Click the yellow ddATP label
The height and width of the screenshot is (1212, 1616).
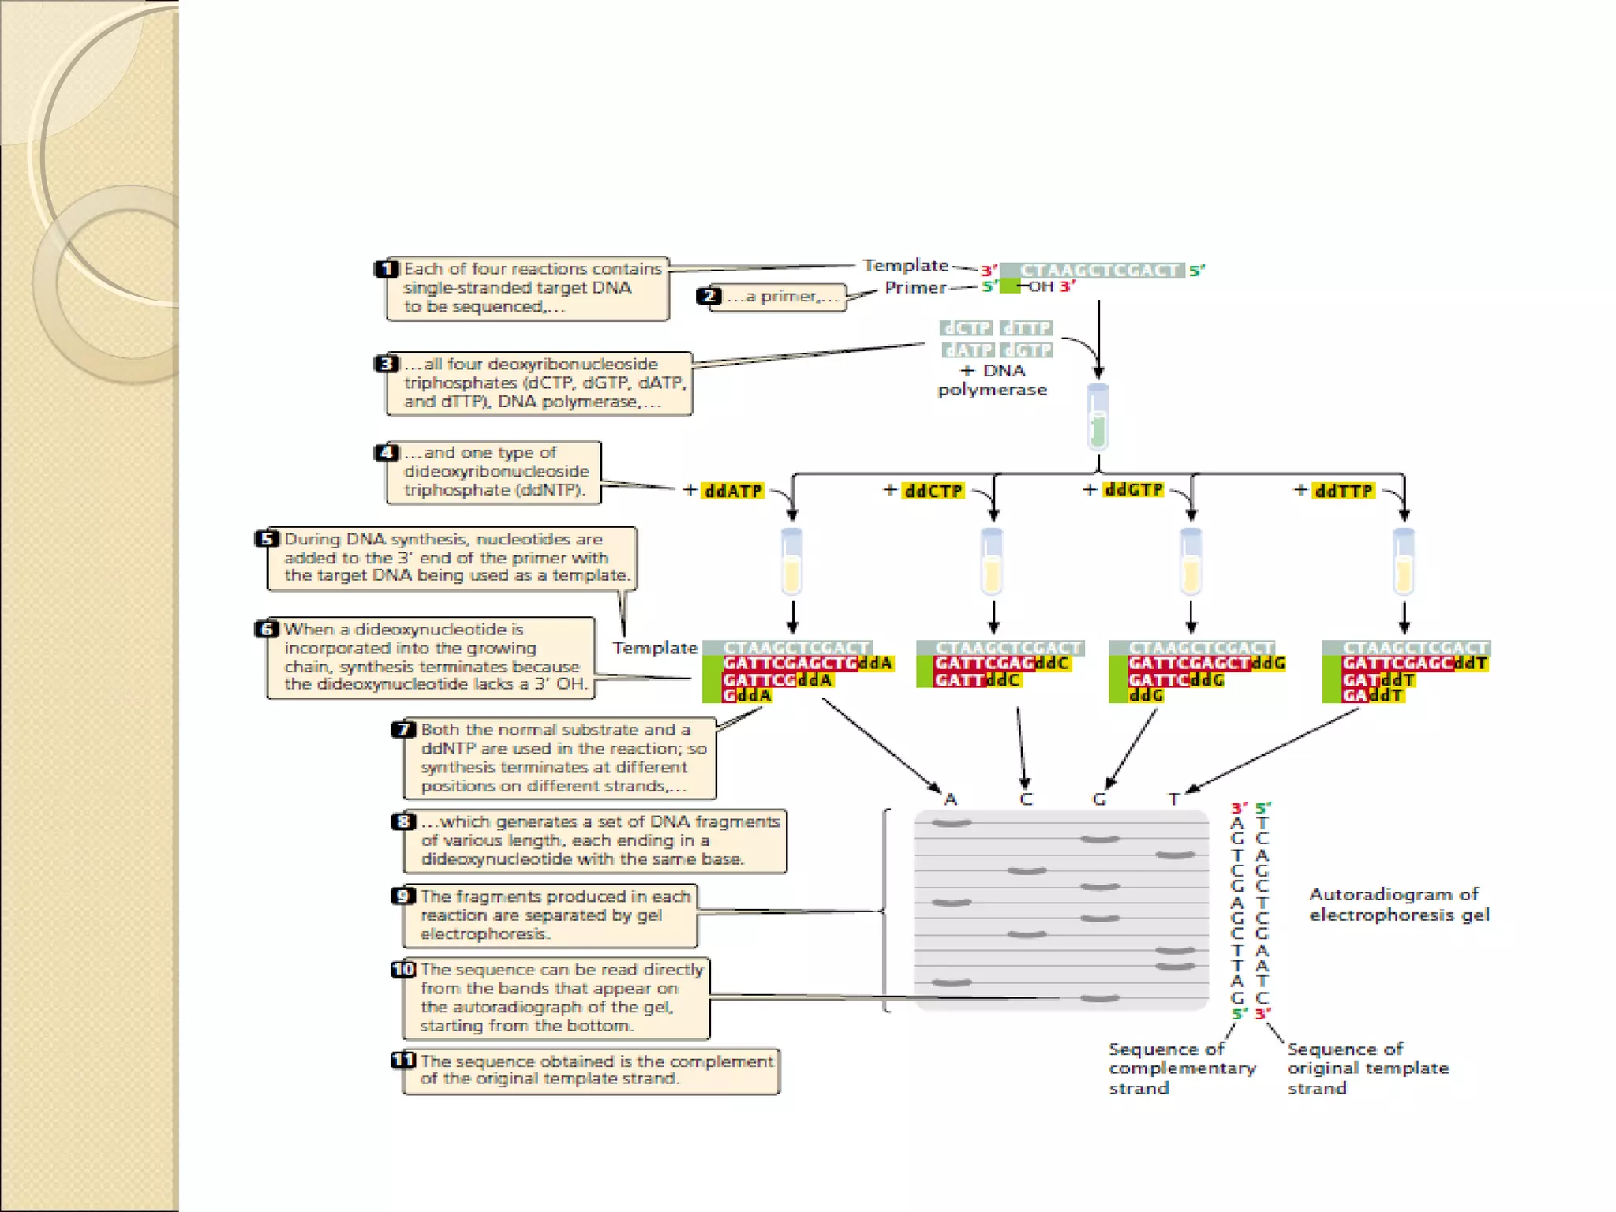point(733,491)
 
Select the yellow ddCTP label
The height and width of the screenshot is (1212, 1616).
point(933,491)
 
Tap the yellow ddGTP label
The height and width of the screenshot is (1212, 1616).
point(1134,490)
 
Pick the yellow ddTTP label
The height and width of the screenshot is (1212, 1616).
point(1343,491)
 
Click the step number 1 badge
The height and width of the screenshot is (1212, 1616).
point(386,269)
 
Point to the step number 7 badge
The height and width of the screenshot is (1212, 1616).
point(403,729)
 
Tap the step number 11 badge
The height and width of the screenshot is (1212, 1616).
point(403,1060)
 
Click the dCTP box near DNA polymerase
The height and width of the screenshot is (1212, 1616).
point(967,327)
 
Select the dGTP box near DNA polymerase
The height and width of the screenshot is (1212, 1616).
point(1027,350)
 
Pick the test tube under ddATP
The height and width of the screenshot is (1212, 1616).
point(791,562)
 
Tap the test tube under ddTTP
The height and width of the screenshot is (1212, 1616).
point(1404,562)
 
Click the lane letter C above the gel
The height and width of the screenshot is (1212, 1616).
point(1026,799)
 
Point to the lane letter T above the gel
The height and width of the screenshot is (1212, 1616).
point(1174,799)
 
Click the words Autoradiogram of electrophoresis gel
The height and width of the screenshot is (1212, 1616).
point(1398,904)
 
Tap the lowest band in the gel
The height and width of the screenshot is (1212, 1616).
point(1099,998)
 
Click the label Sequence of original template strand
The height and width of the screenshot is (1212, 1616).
point(1367,1068)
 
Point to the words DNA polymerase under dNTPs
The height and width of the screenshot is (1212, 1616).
point(993,380)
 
